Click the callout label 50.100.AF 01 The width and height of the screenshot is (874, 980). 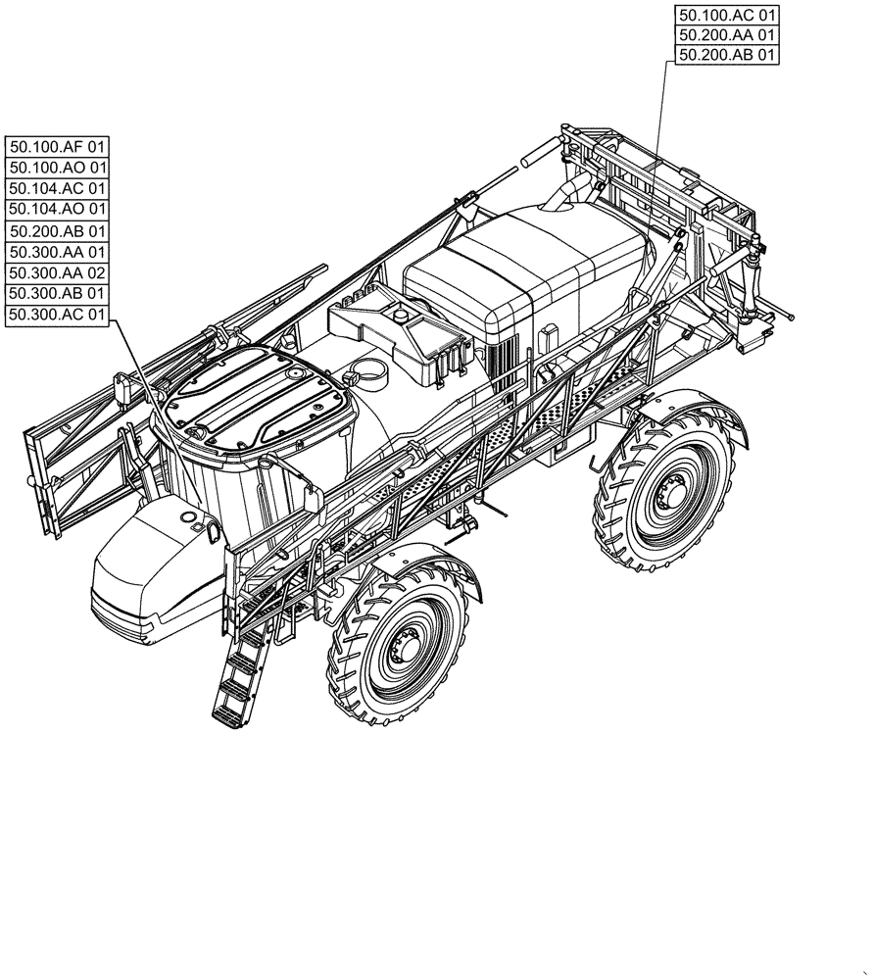click(58, 146)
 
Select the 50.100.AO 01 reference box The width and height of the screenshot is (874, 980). click(58, 167)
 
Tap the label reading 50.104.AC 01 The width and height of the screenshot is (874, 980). click(58, 187)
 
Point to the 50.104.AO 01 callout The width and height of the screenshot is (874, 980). click(58, 209)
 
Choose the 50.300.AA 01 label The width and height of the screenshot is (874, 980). click(58, 251)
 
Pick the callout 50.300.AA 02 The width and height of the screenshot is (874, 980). click(58, 272)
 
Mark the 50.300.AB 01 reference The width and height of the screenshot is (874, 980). click(58, 293)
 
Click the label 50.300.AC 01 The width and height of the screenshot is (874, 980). click(58, 314)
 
